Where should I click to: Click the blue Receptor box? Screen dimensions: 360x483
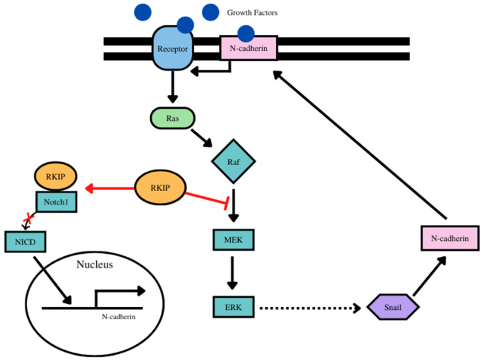173,48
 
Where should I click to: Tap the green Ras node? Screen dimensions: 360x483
173,118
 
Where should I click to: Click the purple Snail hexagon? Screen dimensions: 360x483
393,306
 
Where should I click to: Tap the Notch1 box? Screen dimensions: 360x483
55,201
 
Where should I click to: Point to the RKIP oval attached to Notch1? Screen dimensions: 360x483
55,175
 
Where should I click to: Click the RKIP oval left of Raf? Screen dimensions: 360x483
160,187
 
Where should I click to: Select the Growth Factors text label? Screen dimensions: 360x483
253,12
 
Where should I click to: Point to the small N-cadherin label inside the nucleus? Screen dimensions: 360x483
119,316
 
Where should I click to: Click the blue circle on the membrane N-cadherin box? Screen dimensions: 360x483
246,33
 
